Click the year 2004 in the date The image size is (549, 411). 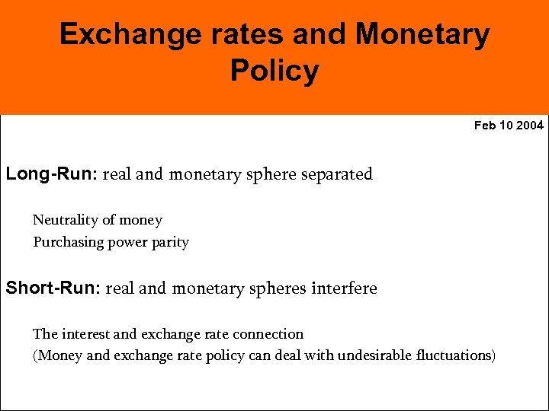pos(530,126)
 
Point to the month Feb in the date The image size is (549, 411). pos(484,126)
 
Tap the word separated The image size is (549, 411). pos(338,174)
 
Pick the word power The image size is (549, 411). pos(127,243)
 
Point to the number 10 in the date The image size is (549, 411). pos(506,126)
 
